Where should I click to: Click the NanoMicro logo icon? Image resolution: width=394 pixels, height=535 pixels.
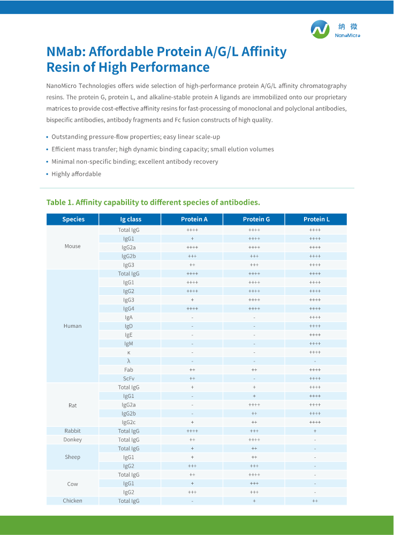coord(320,29)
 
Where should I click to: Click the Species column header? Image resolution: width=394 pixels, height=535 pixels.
coord(73,219)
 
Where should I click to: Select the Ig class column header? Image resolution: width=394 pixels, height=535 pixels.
coord(131,219)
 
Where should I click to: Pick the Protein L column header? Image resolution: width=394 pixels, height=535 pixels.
coord(316,219)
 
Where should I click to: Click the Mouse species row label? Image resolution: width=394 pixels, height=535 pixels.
coord(73,246)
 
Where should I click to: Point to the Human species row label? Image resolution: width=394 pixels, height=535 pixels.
coord(73,326)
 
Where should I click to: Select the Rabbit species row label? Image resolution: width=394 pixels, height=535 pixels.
coord(73,431)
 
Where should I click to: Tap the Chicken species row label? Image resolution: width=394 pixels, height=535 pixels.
coord(73,501)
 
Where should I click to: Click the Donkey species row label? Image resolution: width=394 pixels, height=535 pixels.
coord(73,440)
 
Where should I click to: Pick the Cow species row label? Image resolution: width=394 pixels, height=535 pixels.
coord(73,484)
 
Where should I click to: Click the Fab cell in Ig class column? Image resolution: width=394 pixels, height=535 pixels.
coord(128,370)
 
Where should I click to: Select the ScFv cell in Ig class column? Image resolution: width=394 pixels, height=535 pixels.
coord(128,379)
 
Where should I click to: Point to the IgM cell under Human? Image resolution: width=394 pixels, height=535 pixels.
coord(128,343)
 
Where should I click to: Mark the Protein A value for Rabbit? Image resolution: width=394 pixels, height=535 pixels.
coord(192,431)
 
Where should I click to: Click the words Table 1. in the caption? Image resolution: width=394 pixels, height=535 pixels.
coord(59,202)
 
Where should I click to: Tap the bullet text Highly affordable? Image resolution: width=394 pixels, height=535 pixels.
coord(76,174)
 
